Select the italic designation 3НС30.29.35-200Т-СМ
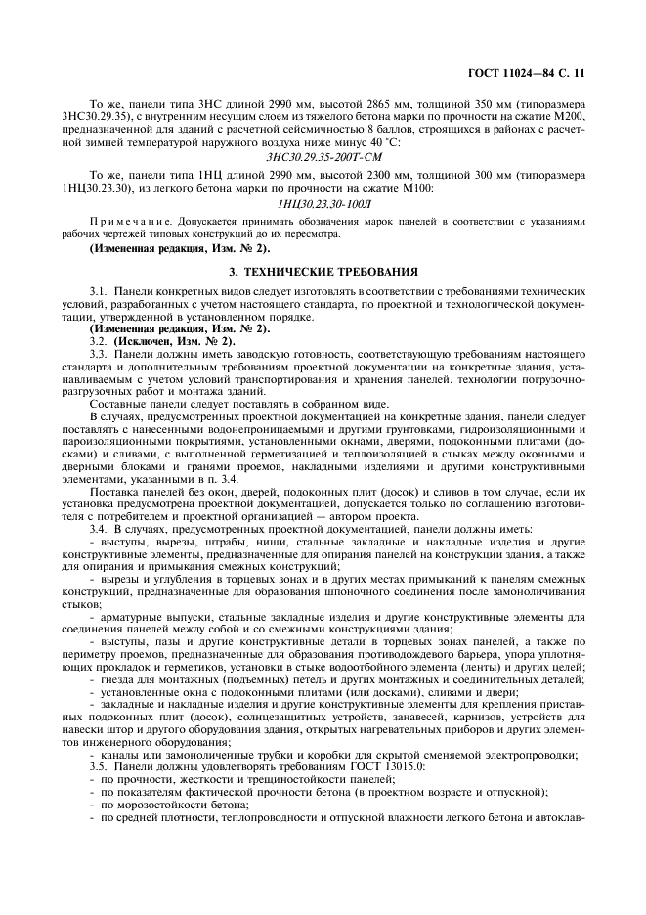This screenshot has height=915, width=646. (323, 156)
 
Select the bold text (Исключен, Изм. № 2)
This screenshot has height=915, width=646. (171, 341)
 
